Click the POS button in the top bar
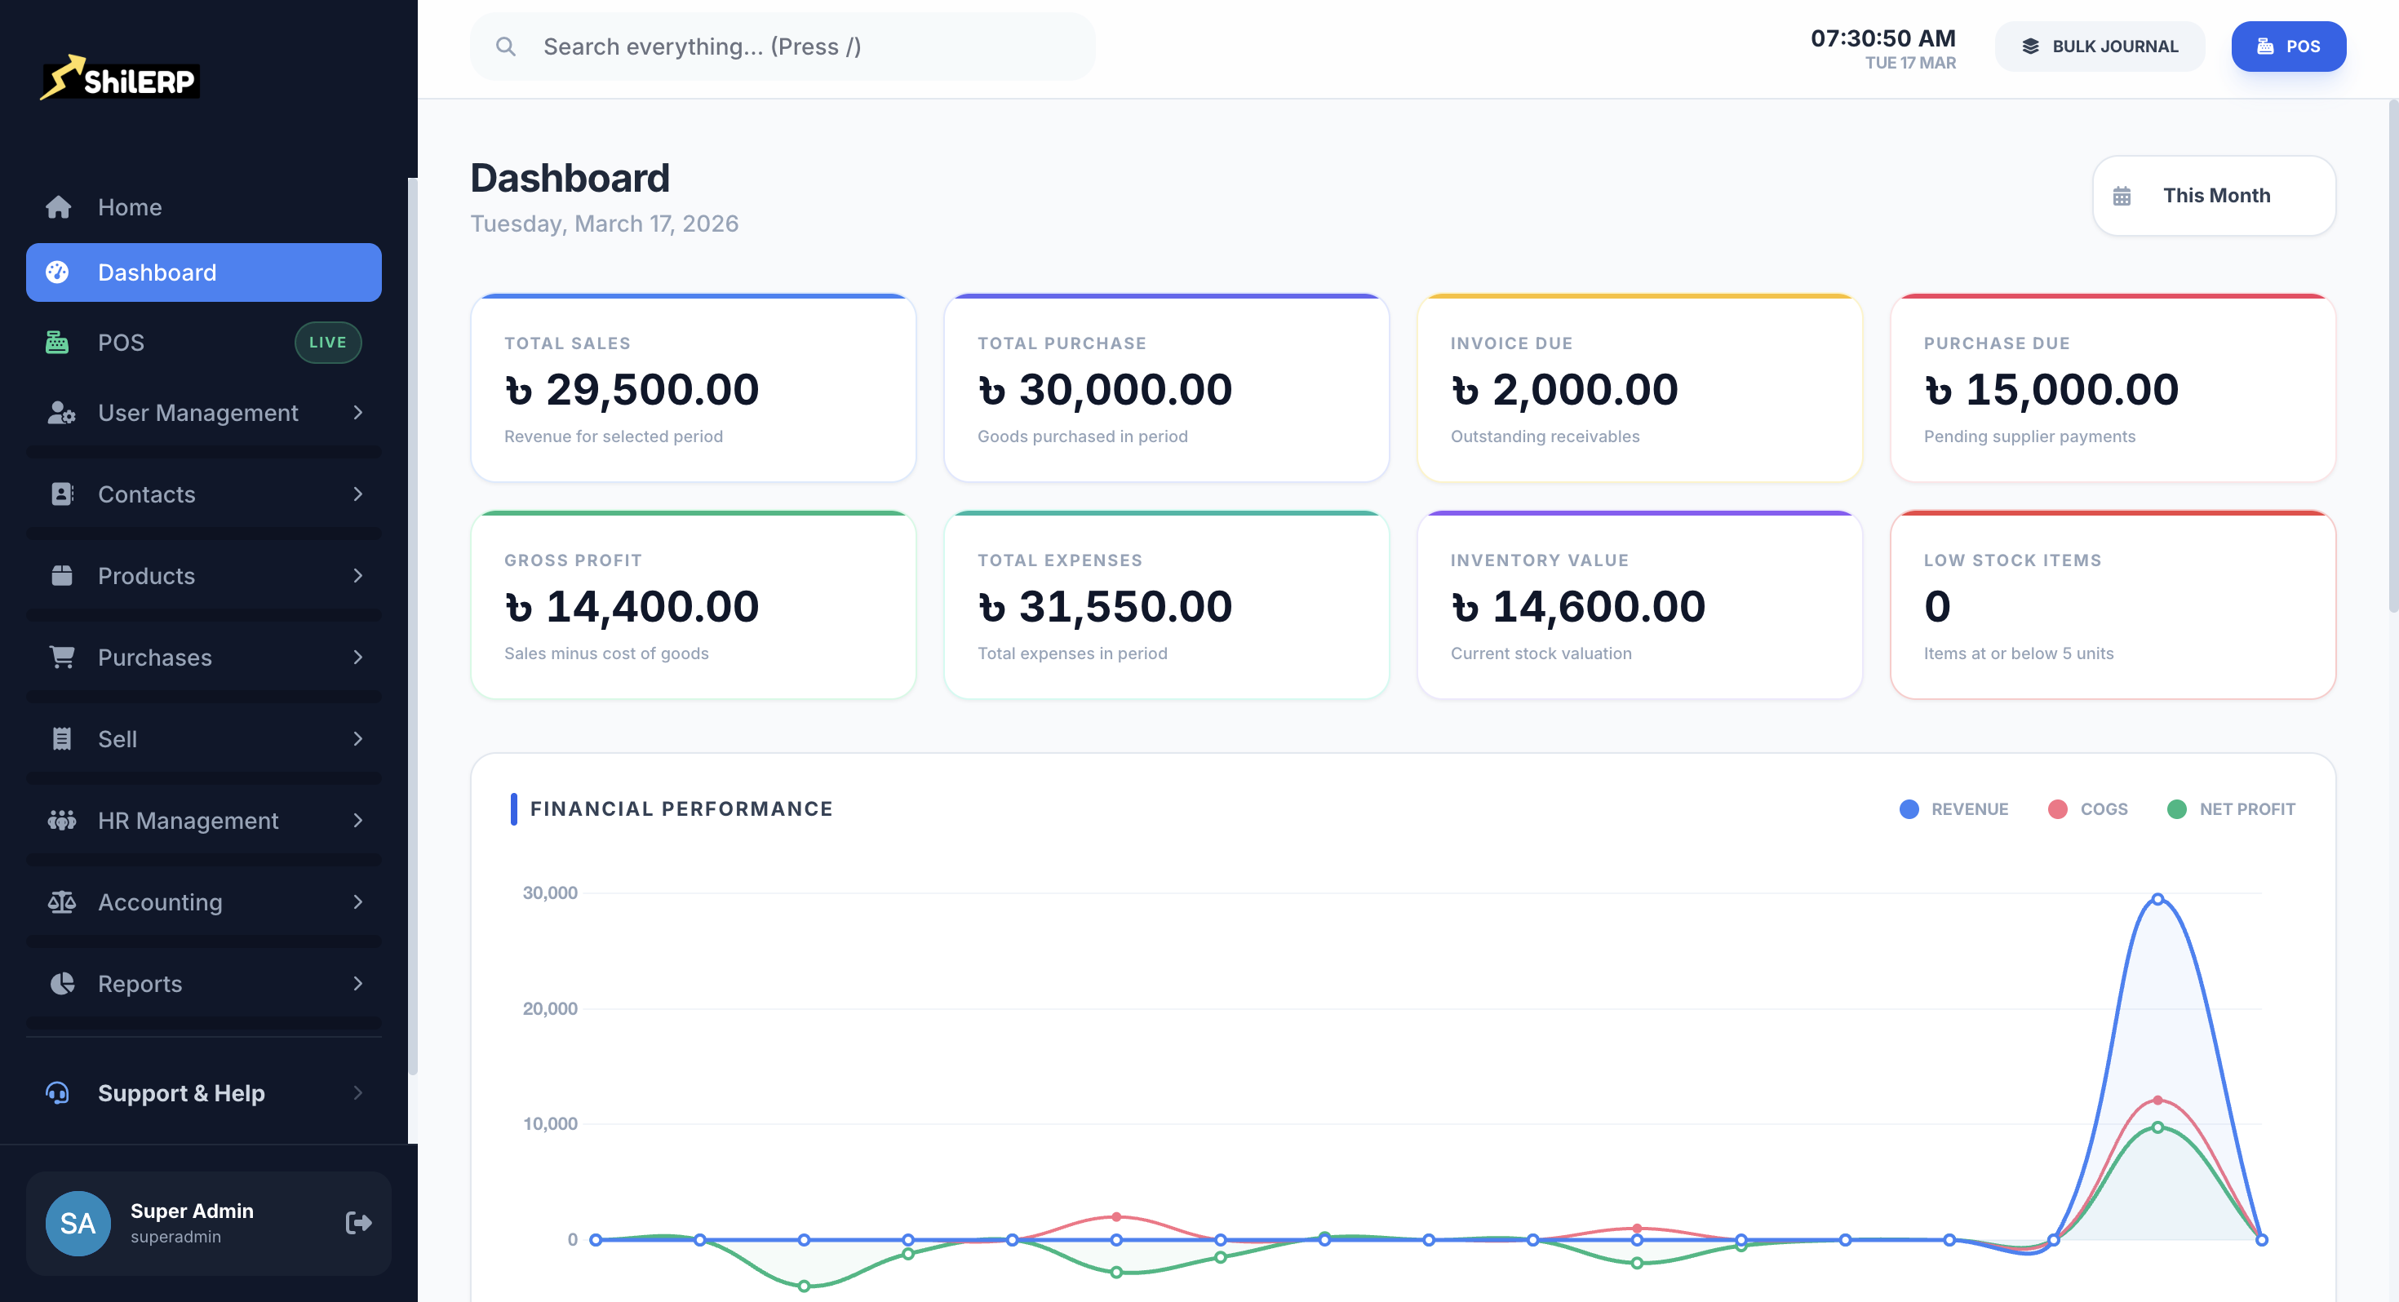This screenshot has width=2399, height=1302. pos(2287,46)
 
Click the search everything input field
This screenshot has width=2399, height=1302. pos(783,46)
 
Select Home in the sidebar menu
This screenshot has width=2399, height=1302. pos(130,206)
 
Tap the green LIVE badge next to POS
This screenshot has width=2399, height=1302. pos(328,343)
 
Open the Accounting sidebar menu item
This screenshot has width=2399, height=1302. pos(160,901)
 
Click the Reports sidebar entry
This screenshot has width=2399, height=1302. pos(140,984)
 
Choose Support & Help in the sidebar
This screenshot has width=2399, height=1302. pos(182,1092)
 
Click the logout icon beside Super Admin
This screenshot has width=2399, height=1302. pos(358,1222)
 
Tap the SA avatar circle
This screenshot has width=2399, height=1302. pos(78,1223)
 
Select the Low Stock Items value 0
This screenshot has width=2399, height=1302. pos(1936,606)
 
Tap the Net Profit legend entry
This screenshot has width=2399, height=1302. pos(2232,808)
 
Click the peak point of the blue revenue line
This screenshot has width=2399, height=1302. pos(2157,899)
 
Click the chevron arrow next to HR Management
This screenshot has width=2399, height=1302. pos(357,821)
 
